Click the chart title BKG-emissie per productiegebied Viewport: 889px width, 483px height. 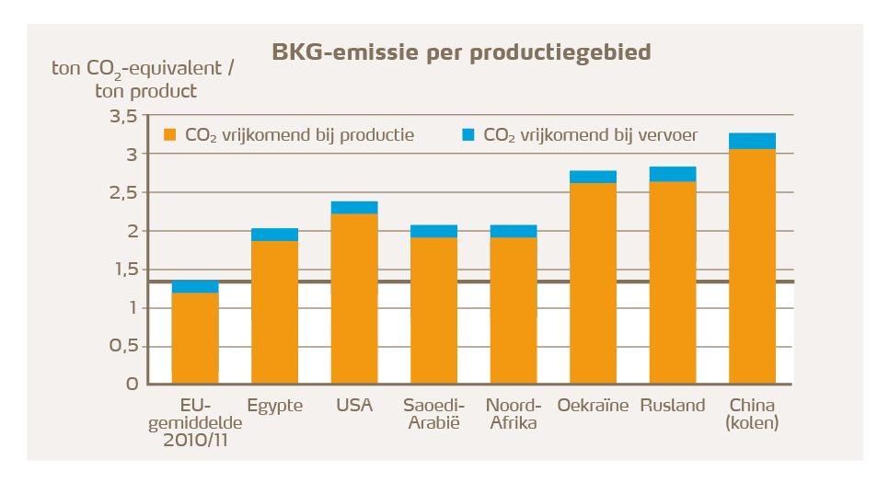tap(461, 52)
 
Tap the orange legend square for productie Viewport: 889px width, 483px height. tap(169, 135)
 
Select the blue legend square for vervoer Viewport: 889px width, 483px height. tap(468, 135)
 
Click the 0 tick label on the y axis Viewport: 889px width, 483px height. tap(133, 384)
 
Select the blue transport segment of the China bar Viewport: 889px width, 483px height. tap(752, 141)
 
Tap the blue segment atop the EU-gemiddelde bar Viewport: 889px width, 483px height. tap(195, 287)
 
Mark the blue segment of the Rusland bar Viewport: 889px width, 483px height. tap(673, 174)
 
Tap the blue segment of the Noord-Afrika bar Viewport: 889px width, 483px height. tap(514, 231)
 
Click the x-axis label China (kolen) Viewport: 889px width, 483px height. tap(752, 414)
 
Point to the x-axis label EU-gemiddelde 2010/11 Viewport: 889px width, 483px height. tap(195, 422)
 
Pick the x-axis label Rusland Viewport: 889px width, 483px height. tap(673, 406)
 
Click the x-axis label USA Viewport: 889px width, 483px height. tap(354, 406)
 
